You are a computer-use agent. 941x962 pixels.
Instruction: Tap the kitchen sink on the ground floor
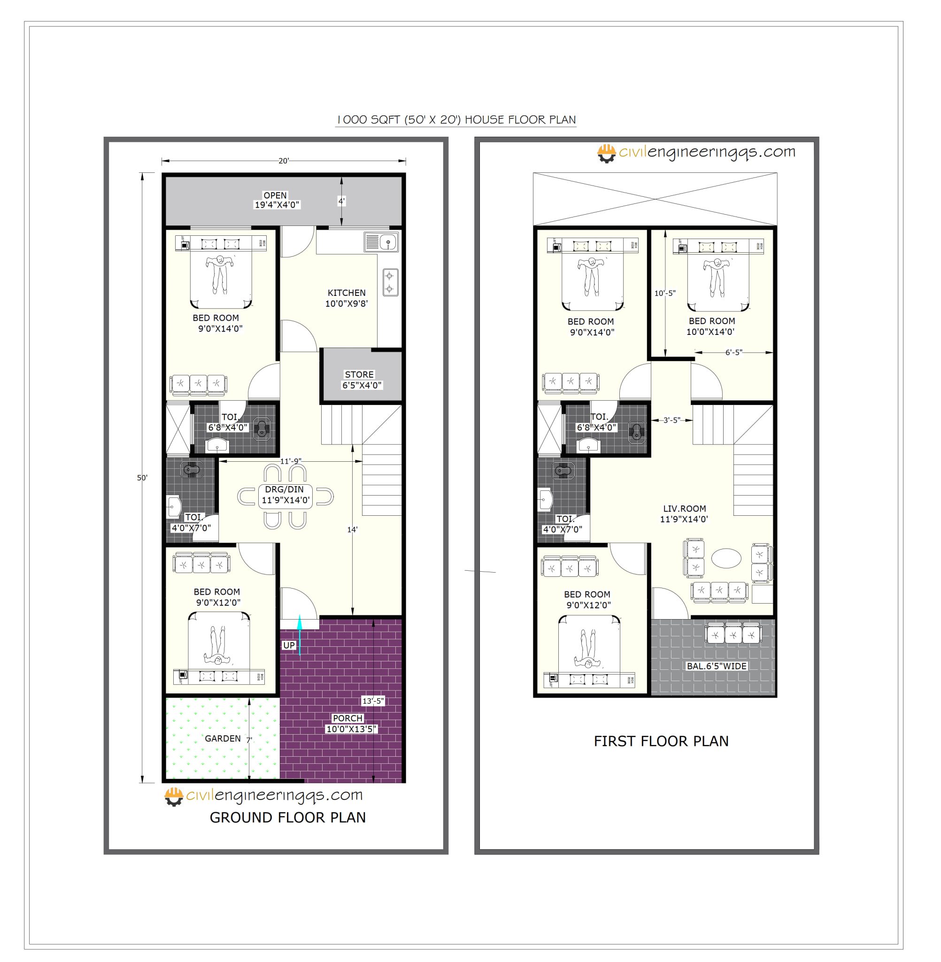point(382,243)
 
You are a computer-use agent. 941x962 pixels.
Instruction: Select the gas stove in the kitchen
point(390,282)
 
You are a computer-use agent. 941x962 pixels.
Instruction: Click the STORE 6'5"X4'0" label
point(362,380)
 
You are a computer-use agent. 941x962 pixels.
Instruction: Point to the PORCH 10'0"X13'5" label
point(351,724)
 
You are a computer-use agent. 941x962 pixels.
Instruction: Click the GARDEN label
point(223,738)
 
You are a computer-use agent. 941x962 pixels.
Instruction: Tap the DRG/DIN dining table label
point(285,495)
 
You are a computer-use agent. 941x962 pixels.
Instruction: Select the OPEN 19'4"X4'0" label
point(276,200)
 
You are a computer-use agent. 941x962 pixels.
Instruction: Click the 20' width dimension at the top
point(284,161)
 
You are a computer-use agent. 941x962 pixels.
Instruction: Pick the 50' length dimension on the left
point(142,478)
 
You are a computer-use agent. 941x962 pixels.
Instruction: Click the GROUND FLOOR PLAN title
point(288,818)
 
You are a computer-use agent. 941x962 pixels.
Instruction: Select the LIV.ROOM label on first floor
point(684,513)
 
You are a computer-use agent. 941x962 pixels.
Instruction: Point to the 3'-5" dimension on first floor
point(671,420)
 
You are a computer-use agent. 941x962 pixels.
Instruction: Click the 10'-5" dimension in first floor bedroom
point(665,293)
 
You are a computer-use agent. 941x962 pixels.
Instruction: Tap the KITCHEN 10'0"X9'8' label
point(347,298)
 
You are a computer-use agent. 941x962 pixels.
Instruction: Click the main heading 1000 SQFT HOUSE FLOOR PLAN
point(455,120)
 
